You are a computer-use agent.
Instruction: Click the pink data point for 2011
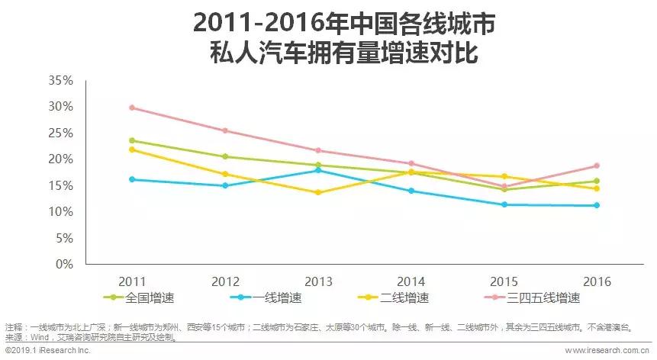(132, 108)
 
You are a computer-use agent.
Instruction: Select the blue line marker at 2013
(318, 170)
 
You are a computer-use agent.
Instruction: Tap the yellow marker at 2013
(318, 192)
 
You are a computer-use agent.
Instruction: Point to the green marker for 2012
(225, 156)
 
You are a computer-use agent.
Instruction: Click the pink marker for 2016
(597, 166)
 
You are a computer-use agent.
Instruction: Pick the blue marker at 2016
(597, 205)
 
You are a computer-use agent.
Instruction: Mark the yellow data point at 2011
(132, 149)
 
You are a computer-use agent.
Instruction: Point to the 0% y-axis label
(63, 265)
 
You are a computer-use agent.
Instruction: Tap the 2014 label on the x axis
(411, 281)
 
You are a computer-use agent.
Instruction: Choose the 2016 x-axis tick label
(597, 281)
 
